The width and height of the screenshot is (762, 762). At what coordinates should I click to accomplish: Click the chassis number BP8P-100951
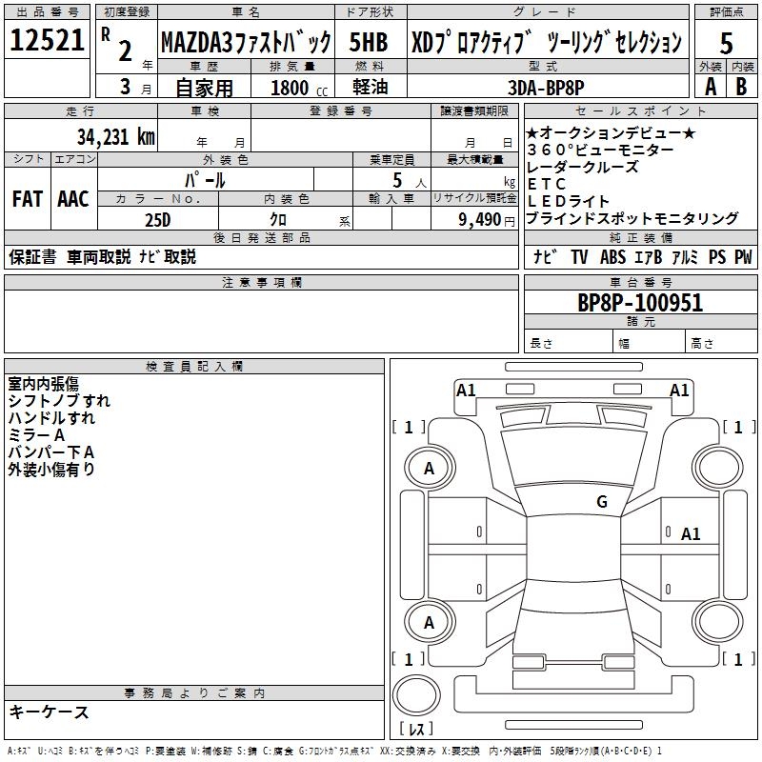pyautogui.click(x=640, y=303)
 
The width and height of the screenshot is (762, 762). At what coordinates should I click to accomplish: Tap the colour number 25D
pyautogui.click(x=158, y=219)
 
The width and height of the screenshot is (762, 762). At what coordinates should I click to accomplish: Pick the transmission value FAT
pyautogui.click(x=27, y=199)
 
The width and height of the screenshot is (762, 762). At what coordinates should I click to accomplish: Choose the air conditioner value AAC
pyautogui.click(x=72, y=199)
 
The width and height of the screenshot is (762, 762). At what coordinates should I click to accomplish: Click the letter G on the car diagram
pyautogui.click(x=601, y=502)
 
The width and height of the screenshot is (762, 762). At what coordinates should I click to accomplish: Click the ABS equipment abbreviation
pyautogui.click(x=614, y=257)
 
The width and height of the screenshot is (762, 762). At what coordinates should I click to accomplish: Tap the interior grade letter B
pyautogui.click(x=742, y=87)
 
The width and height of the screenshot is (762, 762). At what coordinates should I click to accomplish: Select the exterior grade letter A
pyautogui.click(x=710, y=87)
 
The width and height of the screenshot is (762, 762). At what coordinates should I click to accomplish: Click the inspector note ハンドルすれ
pyautogui.click(x=51, y=418)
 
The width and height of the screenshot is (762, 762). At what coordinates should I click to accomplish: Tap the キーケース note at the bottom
pyautogui.click(x=49, y=712)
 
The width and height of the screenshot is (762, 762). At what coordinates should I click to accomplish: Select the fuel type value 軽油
pyautogui.click(x=370, y=87)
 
